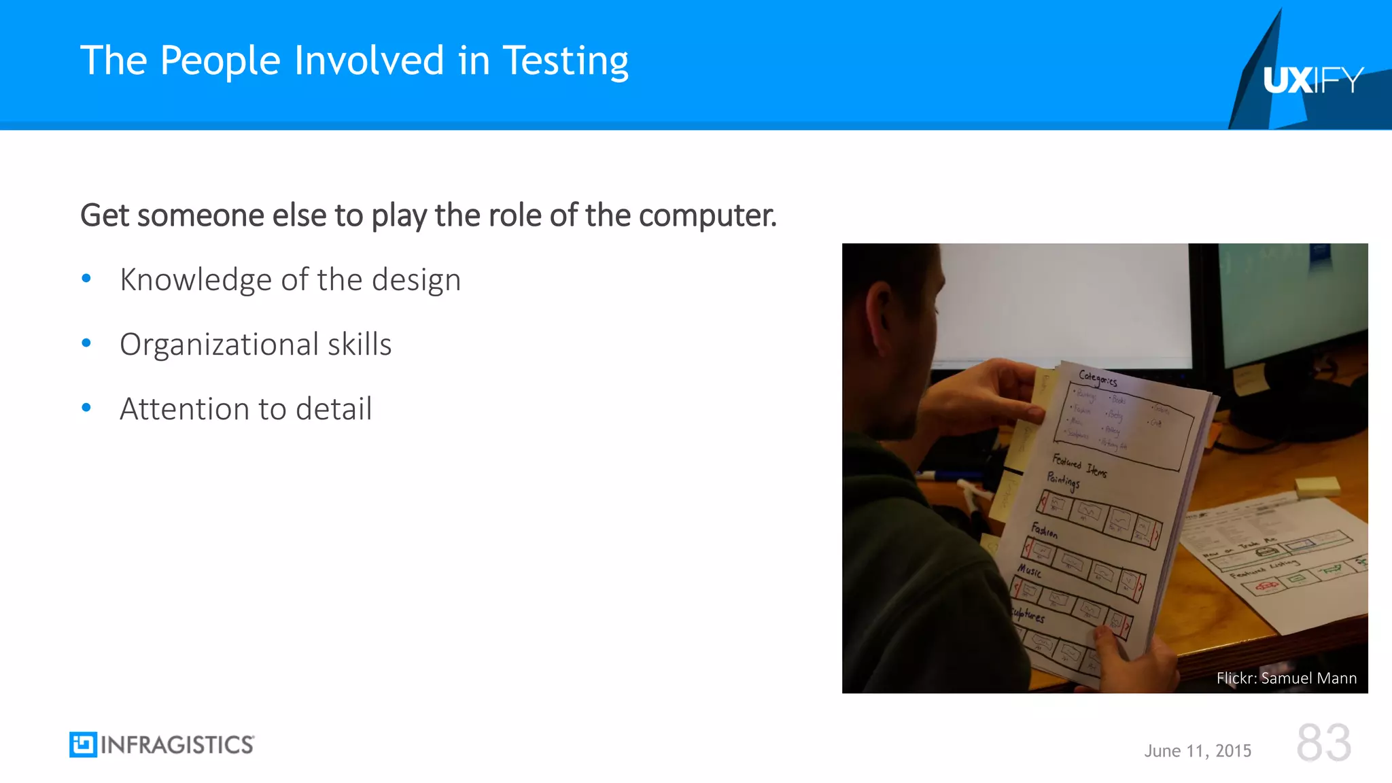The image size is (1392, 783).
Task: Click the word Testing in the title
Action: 565,61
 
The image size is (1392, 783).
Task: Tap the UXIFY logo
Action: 1312,80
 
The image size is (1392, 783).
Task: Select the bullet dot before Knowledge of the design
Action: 86,279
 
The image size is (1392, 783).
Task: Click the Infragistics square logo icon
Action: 83,744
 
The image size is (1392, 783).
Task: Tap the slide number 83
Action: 1323,742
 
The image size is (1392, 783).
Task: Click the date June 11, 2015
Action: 1198,750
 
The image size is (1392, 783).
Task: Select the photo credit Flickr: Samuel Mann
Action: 1286,678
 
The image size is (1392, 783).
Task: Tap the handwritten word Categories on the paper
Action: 1097,378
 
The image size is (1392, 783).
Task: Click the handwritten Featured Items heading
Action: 1079,465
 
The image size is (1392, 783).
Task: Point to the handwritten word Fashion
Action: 1044,530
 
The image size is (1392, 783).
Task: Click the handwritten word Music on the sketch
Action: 1029,570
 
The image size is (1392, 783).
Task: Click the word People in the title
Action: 220,61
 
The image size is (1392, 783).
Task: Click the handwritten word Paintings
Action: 1062,481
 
